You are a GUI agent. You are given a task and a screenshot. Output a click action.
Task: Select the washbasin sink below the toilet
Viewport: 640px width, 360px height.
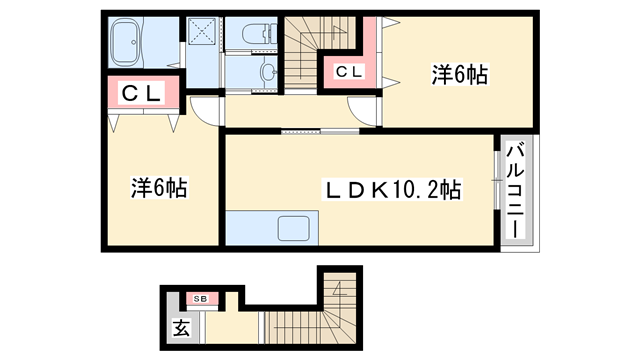[266, 71]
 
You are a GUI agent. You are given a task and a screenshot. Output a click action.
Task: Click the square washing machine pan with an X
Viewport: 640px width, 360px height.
[203, 32]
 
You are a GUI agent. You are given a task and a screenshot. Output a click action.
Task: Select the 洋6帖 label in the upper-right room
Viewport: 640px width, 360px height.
[461, 74]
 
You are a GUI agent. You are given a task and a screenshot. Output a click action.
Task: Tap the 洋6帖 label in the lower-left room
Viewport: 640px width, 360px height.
[160, 187]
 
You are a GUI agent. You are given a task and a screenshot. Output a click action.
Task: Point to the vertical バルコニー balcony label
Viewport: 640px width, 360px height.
[516, 190]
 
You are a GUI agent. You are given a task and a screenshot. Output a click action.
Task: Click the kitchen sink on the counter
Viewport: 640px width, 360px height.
[294, 227]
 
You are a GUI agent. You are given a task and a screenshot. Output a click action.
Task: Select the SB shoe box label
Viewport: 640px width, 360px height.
[200, 298]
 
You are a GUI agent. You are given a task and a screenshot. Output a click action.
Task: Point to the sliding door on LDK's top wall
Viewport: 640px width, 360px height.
[320, 131]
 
